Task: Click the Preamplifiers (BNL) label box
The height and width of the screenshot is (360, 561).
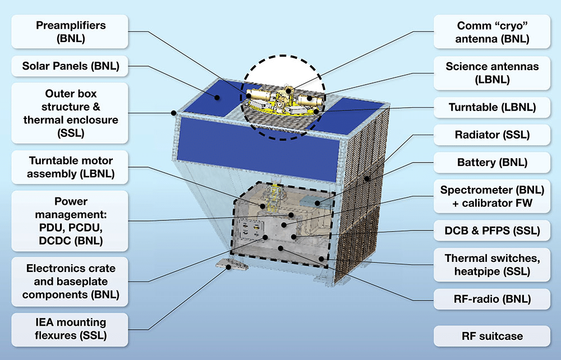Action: coord(71,32)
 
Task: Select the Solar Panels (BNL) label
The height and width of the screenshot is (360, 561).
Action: coord(71,66)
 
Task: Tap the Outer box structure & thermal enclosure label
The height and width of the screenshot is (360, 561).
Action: coord(71,113)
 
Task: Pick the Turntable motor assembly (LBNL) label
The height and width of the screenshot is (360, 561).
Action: coord(71,167)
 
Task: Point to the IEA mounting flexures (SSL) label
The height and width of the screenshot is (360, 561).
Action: coord(71,329)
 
